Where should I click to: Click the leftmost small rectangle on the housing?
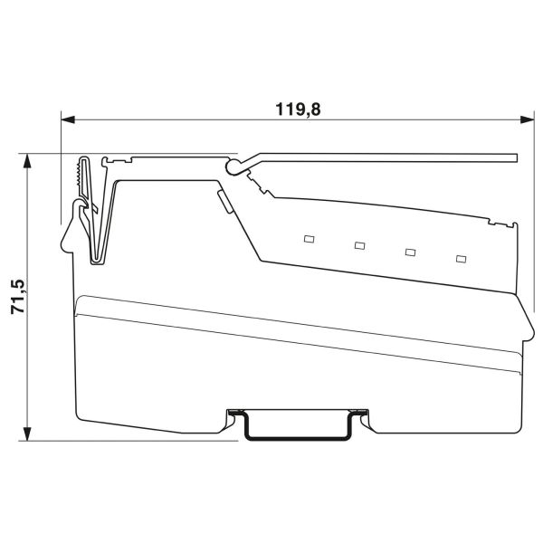308,239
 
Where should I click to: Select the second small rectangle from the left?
359,245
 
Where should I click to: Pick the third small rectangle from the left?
410,252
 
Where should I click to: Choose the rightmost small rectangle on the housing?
461,259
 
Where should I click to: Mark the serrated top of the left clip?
83,172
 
